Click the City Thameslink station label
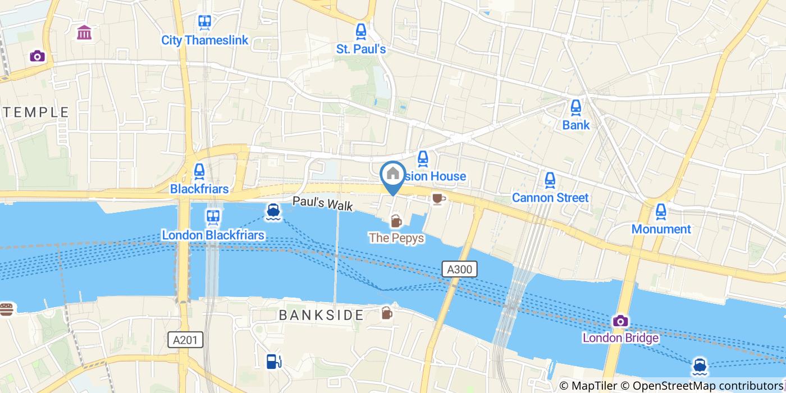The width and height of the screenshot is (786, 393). [204, 40]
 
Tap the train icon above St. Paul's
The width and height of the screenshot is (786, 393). [361, 31]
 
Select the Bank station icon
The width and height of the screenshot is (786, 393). [576, 107]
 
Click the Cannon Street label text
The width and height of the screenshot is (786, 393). [550, 198]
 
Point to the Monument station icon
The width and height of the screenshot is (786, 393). [661, 212]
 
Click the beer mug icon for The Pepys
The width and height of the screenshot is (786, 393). [396, 221]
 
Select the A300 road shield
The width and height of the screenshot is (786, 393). [459, 269]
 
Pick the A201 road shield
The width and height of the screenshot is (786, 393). [185, 339]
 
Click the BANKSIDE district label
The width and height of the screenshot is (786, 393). [322, 315]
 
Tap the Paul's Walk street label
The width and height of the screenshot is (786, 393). [322, 203]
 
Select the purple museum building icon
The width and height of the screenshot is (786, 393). [85, 33]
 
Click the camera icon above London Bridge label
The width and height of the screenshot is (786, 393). [620, 321]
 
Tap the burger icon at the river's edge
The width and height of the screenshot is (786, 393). [6, 309]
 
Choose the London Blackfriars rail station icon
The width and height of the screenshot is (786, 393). [213, 217]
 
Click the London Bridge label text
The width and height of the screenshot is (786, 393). [620, 338]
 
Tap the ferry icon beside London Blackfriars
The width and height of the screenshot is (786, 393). [273, 211]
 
